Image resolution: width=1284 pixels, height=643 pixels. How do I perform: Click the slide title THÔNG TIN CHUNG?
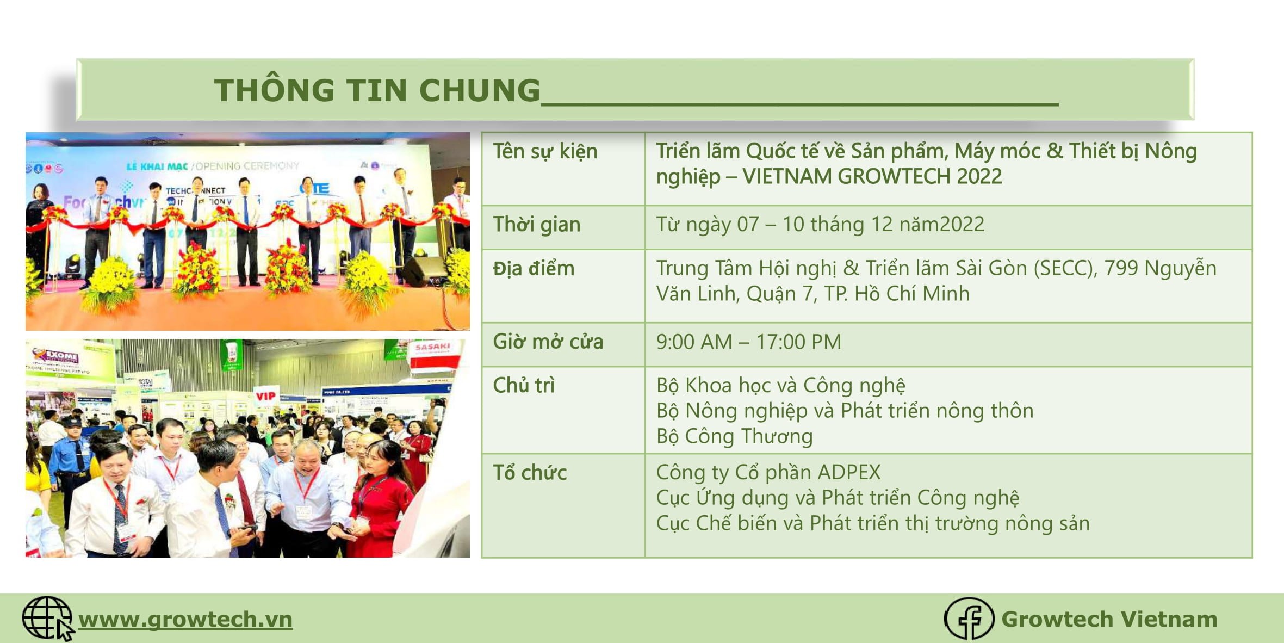377,90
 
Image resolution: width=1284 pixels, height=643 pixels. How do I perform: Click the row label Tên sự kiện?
545,151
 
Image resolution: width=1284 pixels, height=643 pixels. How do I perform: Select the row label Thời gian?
536,225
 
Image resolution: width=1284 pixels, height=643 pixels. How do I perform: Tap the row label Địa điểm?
534,268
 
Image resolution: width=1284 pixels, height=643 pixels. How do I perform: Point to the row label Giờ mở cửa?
548,342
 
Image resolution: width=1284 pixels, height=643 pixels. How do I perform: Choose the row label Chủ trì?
524,385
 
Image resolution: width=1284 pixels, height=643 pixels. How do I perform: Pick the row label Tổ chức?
530,472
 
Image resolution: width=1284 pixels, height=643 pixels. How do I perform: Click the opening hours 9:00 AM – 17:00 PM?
748,342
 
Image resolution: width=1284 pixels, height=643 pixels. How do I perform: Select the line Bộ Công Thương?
734,436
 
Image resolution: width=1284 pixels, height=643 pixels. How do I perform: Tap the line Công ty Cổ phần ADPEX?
768,472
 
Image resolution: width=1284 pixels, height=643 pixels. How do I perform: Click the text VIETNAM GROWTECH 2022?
872,176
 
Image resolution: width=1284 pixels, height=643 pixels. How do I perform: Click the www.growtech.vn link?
185,620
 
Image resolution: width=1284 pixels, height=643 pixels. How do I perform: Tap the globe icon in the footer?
47,619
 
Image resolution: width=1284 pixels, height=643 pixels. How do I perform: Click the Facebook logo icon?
969,619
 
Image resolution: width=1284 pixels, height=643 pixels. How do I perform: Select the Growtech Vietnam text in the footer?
1109,619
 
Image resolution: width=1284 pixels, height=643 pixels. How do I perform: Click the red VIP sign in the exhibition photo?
265,396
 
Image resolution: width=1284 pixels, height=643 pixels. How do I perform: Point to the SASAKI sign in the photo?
432,347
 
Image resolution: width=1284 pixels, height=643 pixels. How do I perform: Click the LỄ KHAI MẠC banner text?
157,166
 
